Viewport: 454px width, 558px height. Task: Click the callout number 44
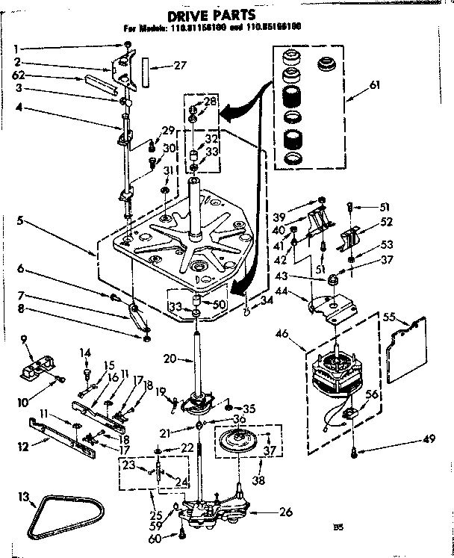304,289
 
